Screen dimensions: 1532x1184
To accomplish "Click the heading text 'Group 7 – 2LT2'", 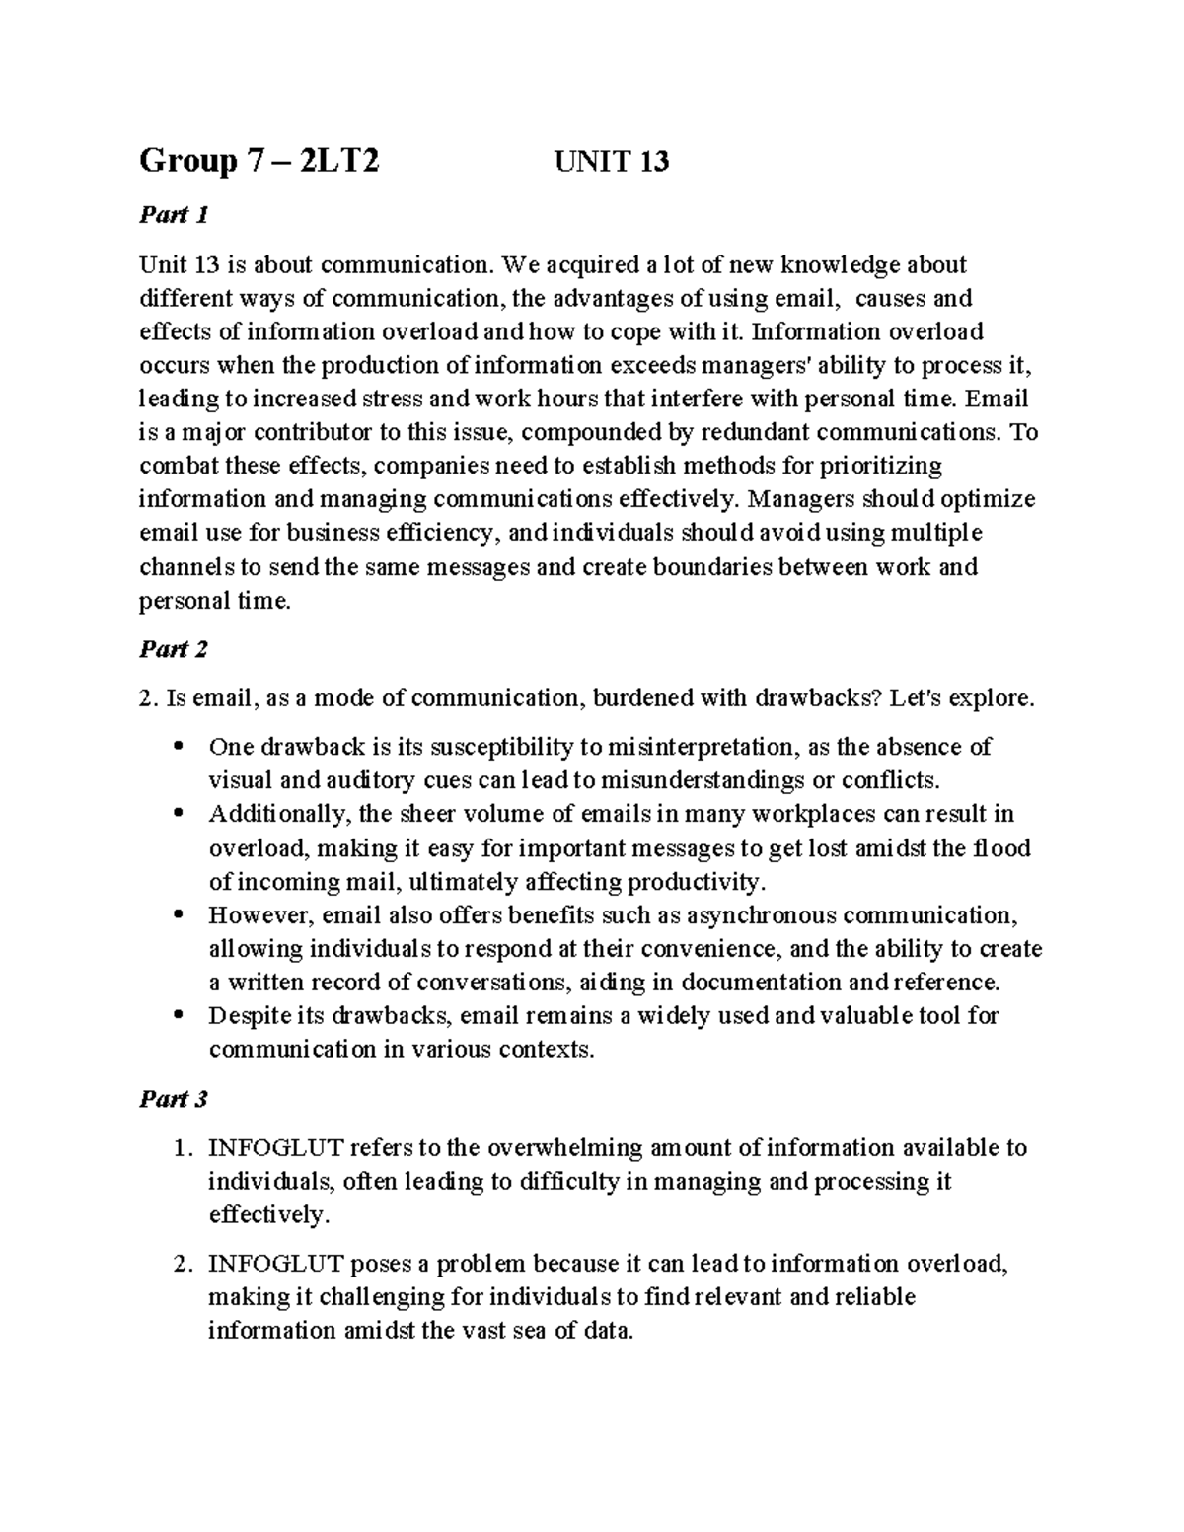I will pos(259,160).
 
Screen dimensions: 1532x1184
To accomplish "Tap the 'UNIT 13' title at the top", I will pos(612,160).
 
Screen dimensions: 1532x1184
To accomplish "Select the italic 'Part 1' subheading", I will pos(174,214).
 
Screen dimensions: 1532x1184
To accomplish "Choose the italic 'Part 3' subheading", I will pos(174,1099).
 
